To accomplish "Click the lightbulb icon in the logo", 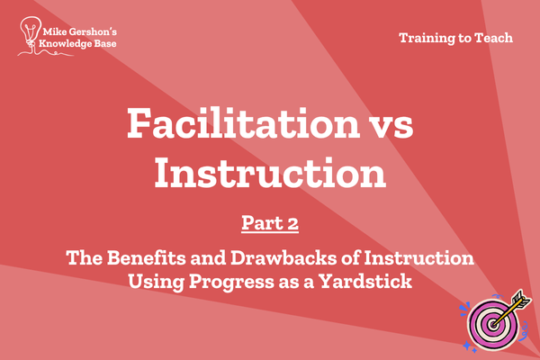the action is coord(31,31).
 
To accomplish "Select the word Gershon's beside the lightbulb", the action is coord(93,32).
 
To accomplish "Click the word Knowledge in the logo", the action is coord(60,44).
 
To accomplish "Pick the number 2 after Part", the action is coord(292,223).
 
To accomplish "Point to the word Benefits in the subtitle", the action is coord(147,257).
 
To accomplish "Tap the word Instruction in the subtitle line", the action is coord(418,257).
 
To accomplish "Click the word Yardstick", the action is coord(365,281).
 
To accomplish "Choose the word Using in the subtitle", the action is coord(157,282).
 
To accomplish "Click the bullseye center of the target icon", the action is coord(493,324).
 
